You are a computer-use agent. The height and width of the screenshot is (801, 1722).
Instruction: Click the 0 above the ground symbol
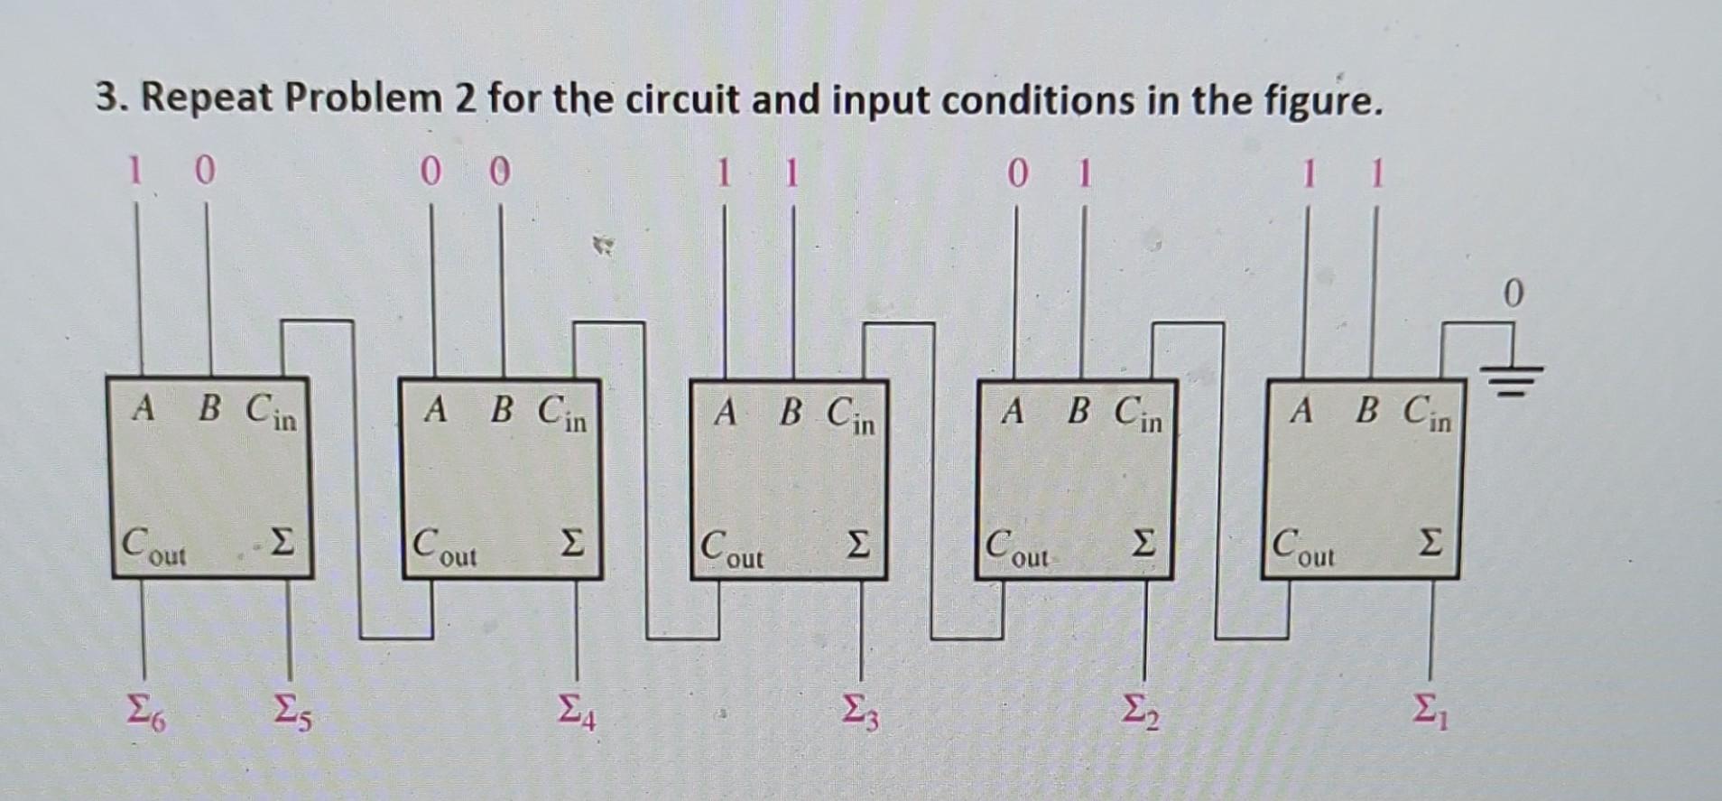(1514, 293)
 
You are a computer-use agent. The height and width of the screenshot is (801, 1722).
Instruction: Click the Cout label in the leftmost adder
(153, 546)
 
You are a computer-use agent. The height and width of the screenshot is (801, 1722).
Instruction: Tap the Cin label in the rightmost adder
(1429, 414)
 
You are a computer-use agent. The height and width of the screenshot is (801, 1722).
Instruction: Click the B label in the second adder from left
(503, 412)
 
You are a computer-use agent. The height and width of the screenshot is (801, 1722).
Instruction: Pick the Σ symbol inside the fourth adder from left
(1143, 543)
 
